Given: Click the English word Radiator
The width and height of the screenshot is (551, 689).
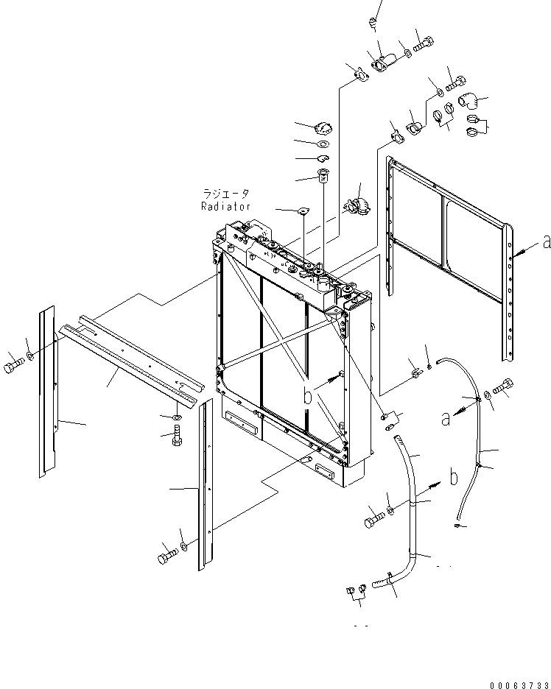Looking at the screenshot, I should [x=226, y=207].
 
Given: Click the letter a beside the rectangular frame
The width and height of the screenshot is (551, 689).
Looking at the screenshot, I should [x=545, y=242].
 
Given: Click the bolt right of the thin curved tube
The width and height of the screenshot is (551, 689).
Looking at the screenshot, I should [x=503, y=386].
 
